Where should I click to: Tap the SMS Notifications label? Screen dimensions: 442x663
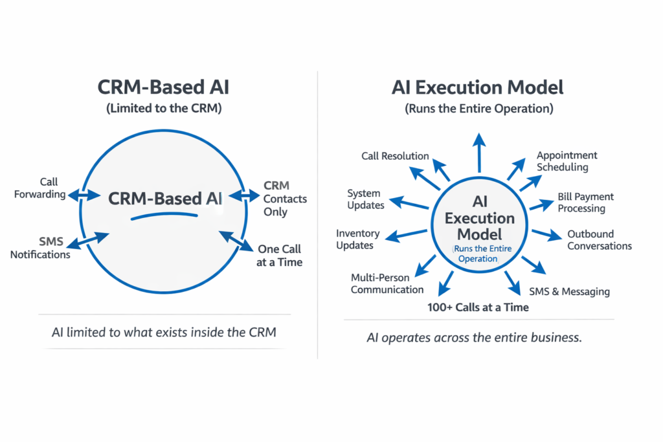40,248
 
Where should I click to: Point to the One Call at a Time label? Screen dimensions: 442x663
280,255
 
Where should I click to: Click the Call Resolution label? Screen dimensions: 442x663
395,156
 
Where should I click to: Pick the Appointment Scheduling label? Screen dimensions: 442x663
567,161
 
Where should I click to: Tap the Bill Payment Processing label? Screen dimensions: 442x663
585,202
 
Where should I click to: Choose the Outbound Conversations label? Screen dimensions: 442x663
600,239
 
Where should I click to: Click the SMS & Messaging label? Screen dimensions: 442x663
569,291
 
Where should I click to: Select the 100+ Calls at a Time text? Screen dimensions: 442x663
478,307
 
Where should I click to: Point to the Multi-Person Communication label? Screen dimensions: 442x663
387,283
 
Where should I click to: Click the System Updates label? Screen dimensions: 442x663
366,199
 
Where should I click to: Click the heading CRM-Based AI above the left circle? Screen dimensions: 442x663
163,87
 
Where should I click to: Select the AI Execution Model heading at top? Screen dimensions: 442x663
478,87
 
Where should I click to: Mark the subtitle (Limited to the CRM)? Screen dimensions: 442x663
164,109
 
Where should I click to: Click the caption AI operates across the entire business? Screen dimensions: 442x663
474,338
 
